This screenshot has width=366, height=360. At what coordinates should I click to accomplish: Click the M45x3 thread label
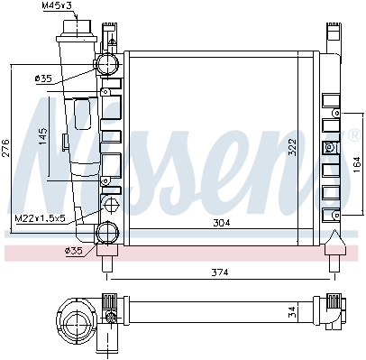(57, 5)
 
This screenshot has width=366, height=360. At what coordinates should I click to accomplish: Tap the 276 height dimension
(6, 148)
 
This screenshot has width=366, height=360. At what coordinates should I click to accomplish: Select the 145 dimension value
(43, 136)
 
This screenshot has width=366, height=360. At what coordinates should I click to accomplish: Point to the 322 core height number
(292, 147)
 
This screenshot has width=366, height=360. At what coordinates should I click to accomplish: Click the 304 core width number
(222, 223)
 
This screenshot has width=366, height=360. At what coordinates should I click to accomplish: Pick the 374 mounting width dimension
(220, 272)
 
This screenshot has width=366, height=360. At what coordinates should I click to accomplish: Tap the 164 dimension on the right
(356, 164)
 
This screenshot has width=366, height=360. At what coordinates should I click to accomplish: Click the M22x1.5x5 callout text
(40, 218)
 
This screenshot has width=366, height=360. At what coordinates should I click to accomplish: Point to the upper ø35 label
(43, 78)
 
